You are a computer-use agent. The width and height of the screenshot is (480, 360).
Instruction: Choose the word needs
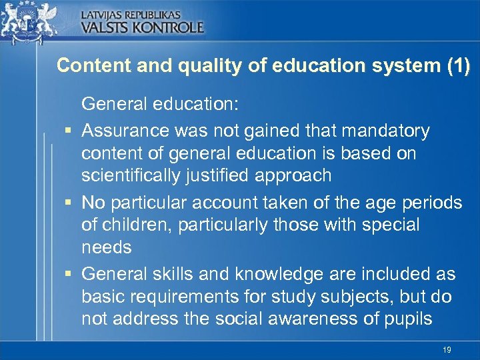point(107,248)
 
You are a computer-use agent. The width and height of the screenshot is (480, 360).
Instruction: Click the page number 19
point(447,350)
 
